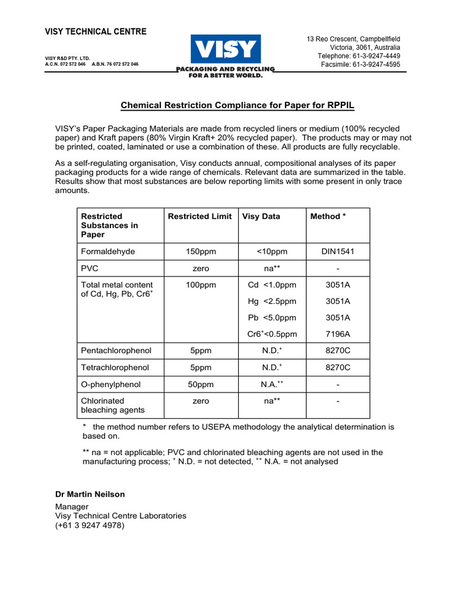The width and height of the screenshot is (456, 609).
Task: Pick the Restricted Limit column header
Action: [x=200, y=216]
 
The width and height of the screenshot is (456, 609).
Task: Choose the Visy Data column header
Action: [x=261, y=216]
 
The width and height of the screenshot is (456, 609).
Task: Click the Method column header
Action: [x=327, y=216]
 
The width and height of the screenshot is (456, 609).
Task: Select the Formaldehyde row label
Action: [x=107, y=252]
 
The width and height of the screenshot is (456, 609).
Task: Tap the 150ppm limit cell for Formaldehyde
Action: [x=201, y=252]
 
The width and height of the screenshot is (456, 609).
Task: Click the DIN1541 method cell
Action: [x=338, y=252]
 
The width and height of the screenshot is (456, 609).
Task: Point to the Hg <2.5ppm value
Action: [x=272, y=302]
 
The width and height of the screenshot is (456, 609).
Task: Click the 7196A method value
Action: [x=338, y=334]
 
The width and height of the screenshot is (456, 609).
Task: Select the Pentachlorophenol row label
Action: [x=116, y=351]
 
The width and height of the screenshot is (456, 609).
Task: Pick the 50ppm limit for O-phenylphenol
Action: [x=201, y=385]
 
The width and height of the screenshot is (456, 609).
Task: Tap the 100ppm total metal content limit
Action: [x=201, y=285]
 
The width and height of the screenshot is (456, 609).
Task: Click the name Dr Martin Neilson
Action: [x=90, y=494]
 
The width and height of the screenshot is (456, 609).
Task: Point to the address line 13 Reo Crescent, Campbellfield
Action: [x=353, y=39]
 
